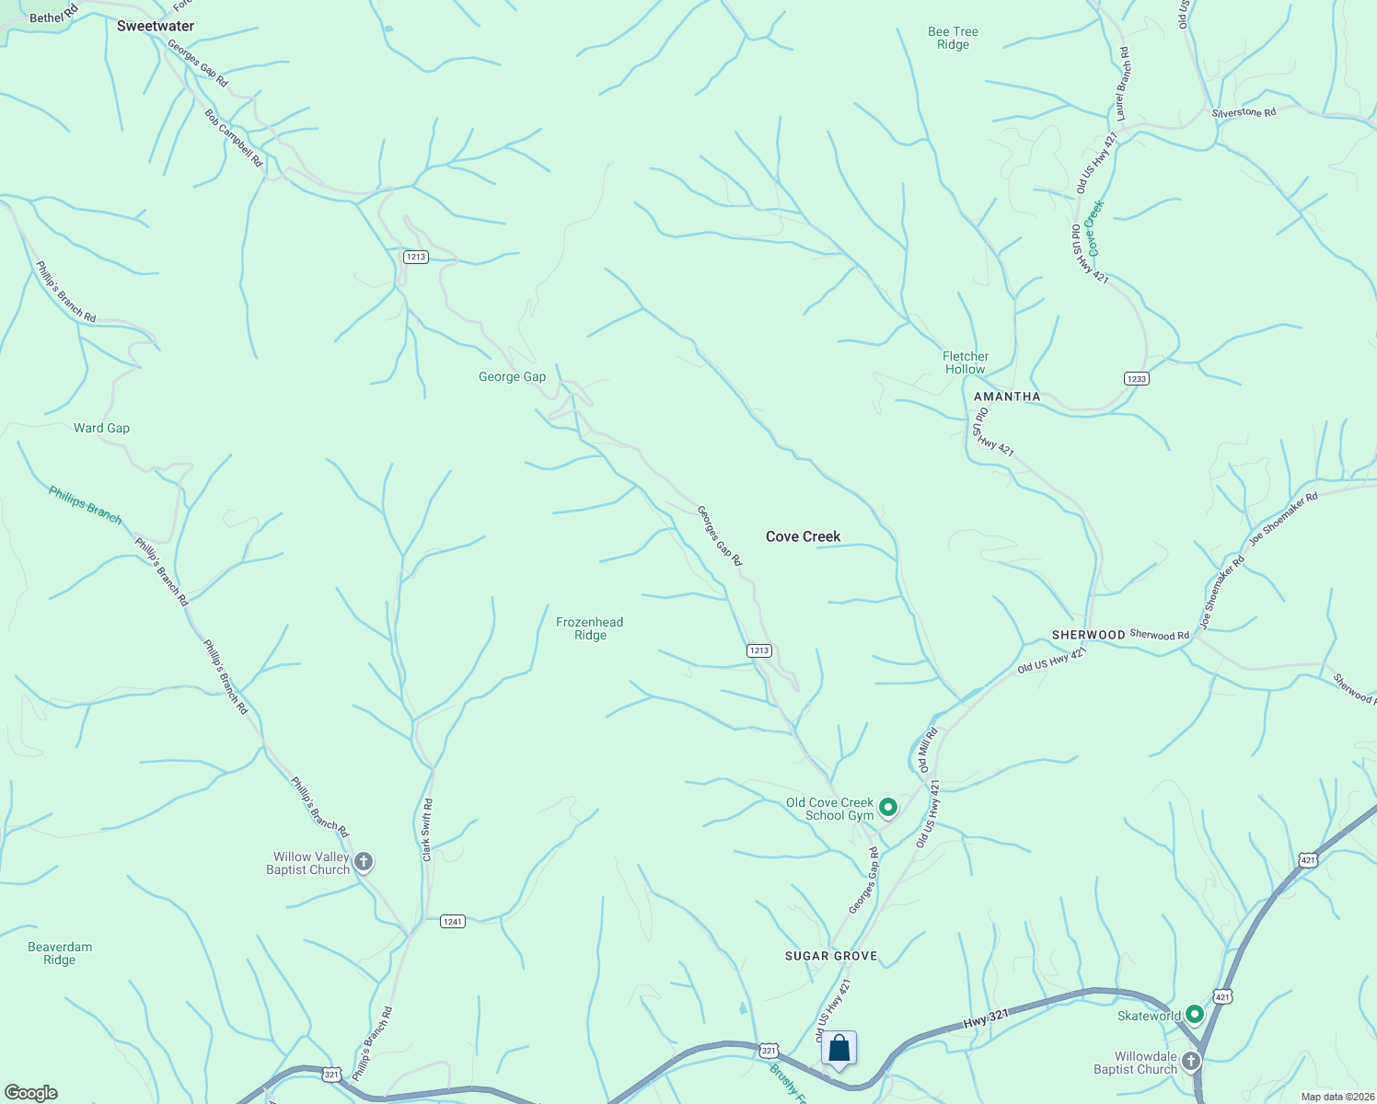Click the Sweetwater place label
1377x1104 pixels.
point(156,26)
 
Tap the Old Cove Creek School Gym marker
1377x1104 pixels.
point(888,808)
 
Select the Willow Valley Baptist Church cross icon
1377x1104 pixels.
point(364,862)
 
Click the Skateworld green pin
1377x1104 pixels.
point(1195,1015)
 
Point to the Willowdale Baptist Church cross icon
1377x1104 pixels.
point(1191,1062)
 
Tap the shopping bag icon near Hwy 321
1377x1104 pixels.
point(839,1049)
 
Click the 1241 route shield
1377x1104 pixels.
point(452,921)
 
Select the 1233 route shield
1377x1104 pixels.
point(1137,378)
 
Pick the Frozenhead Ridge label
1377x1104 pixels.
point(590,628)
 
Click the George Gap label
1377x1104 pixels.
point(512,376)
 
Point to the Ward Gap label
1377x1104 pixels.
point(101,428)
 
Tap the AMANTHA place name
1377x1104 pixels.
point(1007,397)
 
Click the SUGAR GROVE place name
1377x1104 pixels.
point(831,956)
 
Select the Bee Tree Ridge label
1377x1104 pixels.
point(953,38)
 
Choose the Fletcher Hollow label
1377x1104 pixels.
point(966,362)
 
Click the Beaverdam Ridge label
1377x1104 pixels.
point(60,953)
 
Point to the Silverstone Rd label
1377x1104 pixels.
point(1244,112)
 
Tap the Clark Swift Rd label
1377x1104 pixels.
point(427,830)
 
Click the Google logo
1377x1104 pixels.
point(30,1093)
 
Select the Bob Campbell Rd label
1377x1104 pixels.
point(234,139)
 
